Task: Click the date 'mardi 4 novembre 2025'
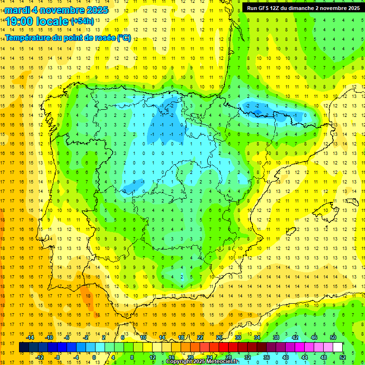pos(57,10)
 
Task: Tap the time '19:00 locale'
pos(37,21)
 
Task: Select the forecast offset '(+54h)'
pos(82,21)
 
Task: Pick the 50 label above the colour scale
pos(333,337)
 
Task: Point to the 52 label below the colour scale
pos(343,357)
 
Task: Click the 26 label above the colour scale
pos(219,337)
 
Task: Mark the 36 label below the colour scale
pos(267,357)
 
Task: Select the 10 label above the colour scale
pos(143,337)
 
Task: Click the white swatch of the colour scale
pos(338,347)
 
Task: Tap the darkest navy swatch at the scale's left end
pos(24,347)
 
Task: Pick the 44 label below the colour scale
pos(305,357)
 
